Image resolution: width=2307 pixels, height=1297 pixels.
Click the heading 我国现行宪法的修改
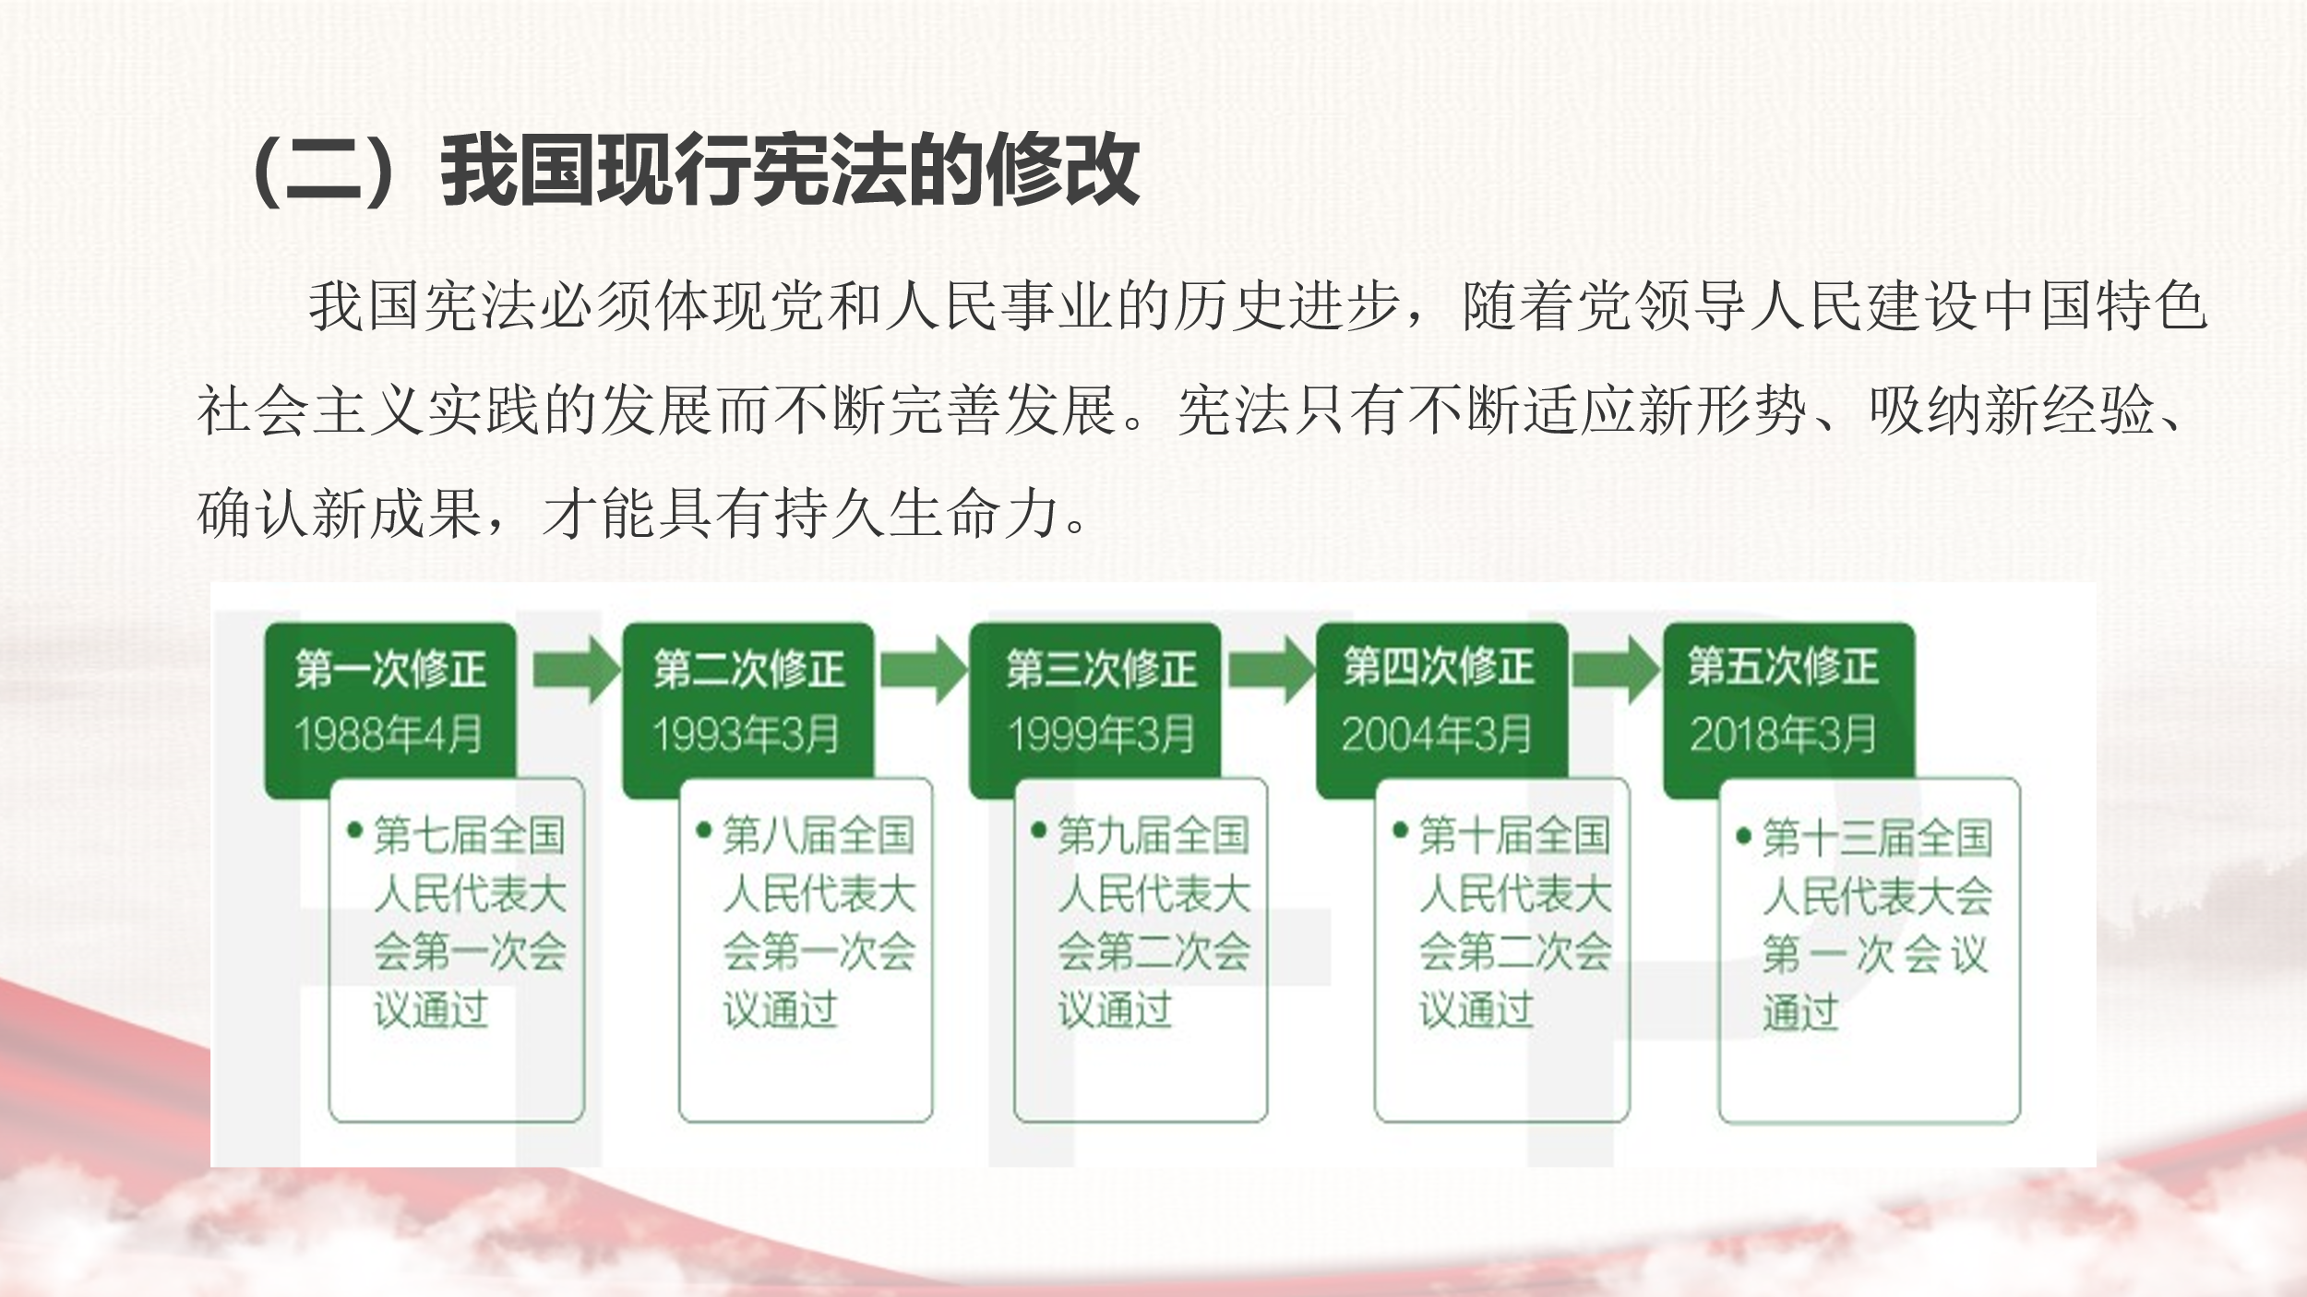tap(790, 171)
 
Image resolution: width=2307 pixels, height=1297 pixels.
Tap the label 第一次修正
tap(390, 669)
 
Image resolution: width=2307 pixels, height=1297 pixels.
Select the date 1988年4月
tap(388, 735)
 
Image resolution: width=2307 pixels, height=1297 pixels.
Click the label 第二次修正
tap(748, 669)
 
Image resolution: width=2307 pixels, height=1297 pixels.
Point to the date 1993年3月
tap(746, 735)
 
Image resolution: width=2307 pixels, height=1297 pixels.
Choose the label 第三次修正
tap(1101, 669)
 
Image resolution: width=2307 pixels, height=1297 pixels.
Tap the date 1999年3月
tap(1101, 735)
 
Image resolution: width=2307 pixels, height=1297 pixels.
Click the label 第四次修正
tap(1439, 667)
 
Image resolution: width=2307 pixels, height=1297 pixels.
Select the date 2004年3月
tap(1437, 735)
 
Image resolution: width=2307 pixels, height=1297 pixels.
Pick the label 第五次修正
tap(1783, 667)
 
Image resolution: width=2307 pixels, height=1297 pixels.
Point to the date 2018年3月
tap(1783, 735)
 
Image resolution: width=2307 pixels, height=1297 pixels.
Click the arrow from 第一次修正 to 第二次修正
tap(577, 671)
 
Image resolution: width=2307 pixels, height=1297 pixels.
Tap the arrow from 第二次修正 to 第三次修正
tap(924, 671)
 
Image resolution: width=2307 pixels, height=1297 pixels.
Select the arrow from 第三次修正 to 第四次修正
tap(1272, 671)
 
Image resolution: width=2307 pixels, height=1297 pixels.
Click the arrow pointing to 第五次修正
tap(1616, 671)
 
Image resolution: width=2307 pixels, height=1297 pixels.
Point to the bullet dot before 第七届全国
tap(354, 831)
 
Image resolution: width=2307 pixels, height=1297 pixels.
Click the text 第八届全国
tap(819, 836)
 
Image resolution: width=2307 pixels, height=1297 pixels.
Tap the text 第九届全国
tap(1153, 836)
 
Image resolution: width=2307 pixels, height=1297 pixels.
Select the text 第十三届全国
tap(1877, 839)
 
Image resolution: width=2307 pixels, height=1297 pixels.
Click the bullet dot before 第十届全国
tap(1400, 831)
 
